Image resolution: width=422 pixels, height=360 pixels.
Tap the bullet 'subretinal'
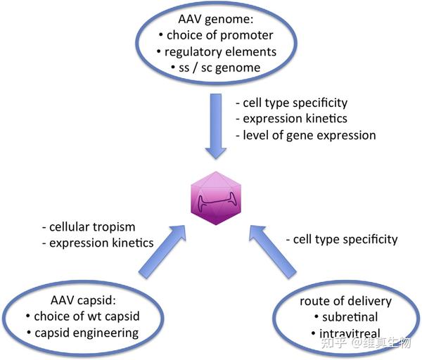(x=343, y=318)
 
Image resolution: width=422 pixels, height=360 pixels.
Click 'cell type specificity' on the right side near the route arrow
(x=342, y=240)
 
